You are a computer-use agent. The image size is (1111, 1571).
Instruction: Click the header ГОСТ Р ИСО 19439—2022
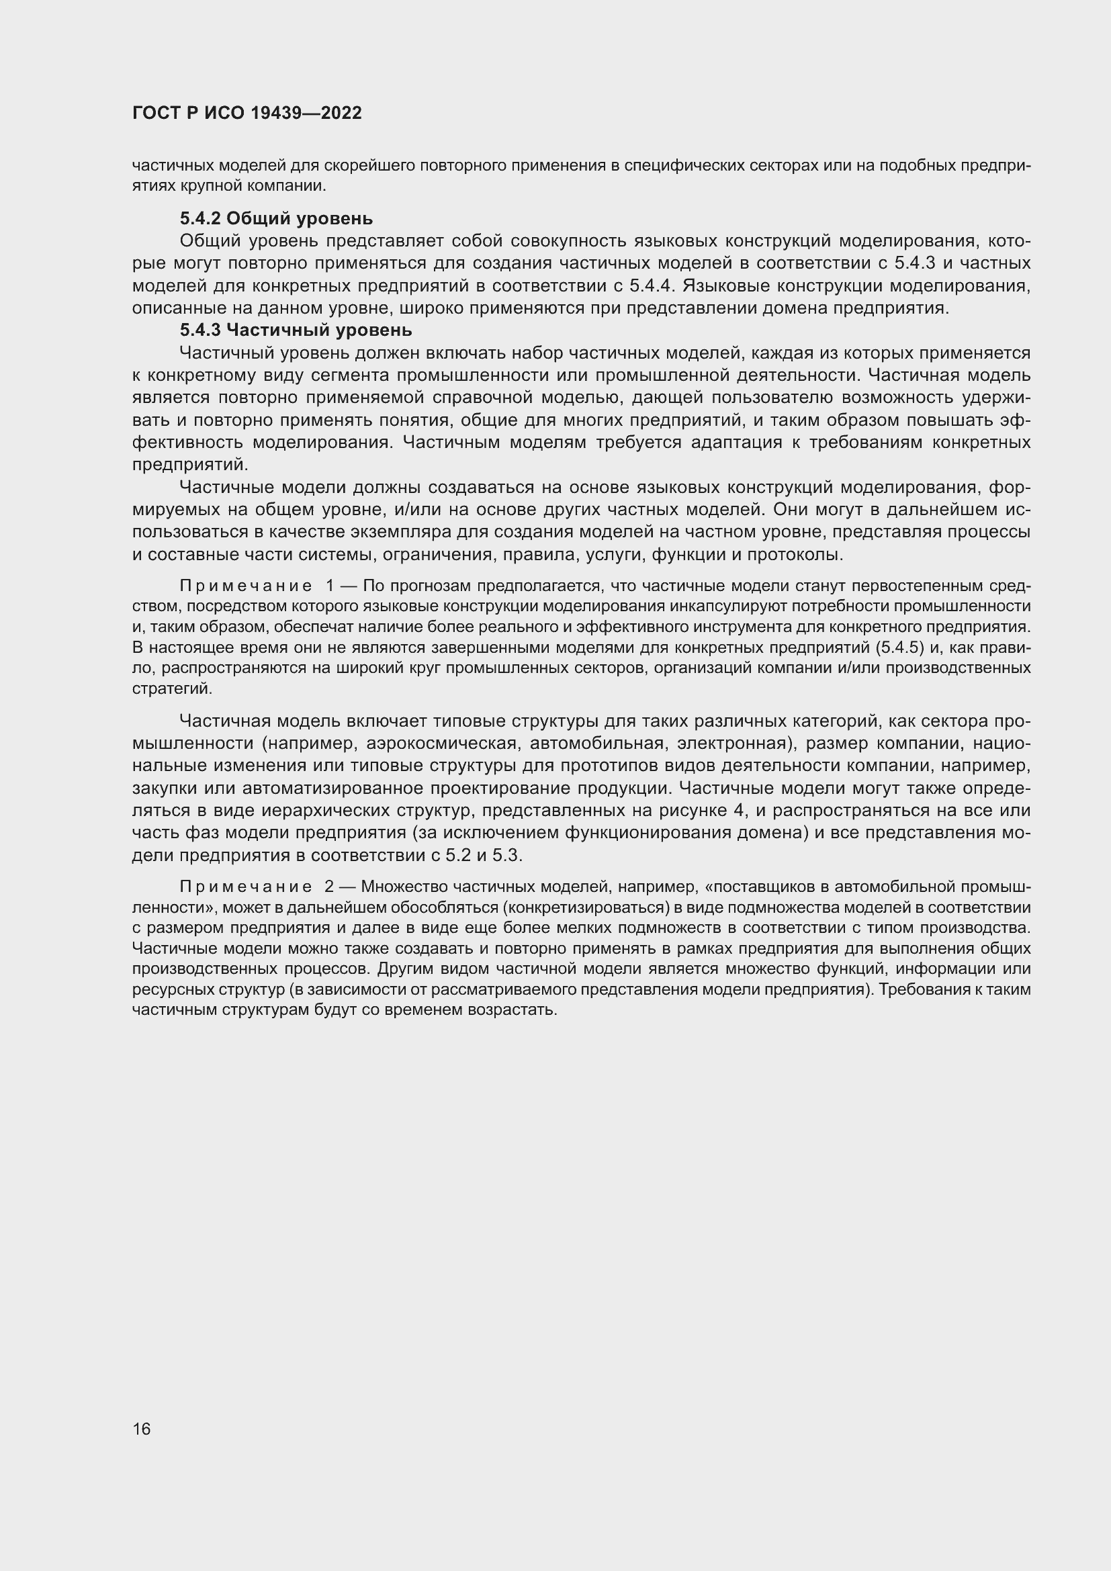(247, 113)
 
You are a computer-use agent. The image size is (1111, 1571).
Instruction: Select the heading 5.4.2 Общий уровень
(276, 218)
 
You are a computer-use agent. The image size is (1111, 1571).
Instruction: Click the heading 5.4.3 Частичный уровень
(296, 330)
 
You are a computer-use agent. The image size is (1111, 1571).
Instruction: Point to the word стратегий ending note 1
(171, 688)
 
